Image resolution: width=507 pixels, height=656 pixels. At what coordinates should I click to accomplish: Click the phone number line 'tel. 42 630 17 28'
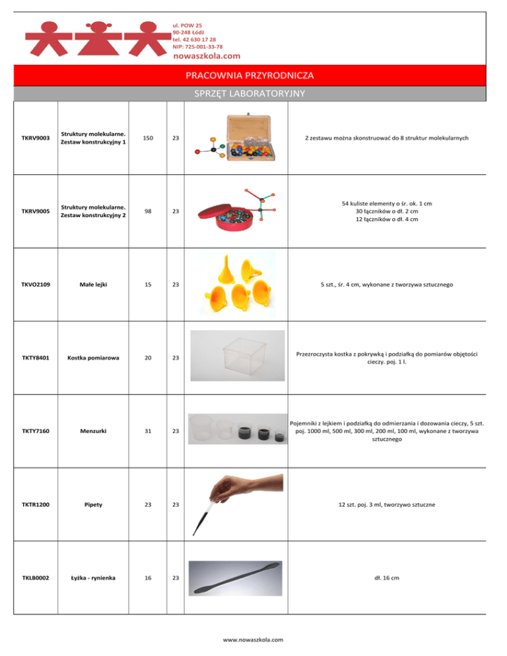coord(194,40)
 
